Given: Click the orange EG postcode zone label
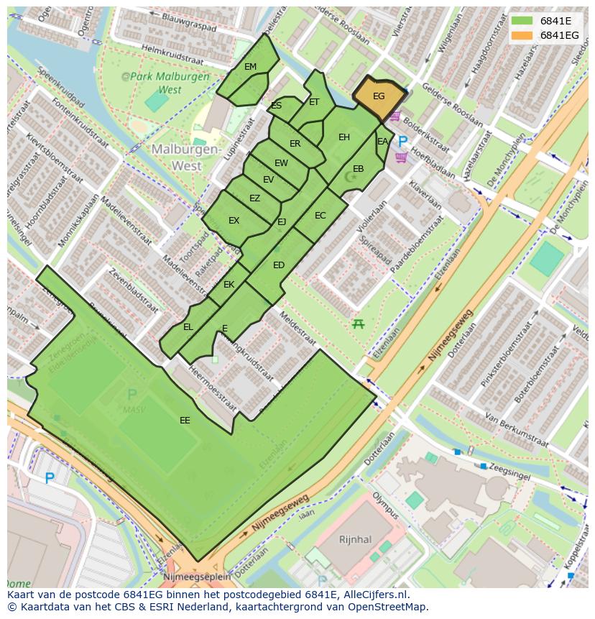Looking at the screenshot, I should tap(379, 96).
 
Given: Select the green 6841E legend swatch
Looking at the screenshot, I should tap(522, 20).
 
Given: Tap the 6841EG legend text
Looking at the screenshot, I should tap(559, 35).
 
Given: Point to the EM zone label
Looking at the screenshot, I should tap(250, 67).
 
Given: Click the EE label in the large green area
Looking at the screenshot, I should tap(185, 420).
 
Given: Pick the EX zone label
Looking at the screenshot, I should tap(234, 221).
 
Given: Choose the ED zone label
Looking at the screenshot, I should tap(279, 265).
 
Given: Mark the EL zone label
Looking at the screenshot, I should tap(188, 327).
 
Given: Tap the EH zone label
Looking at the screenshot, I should tap(344, 137).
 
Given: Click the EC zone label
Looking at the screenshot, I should tap(320, 216).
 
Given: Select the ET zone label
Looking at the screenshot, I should tap(314, 102).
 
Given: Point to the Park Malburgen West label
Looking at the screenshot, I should tap(165, 83).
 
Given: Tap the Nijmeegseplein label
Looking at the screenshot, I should tap(197, 576).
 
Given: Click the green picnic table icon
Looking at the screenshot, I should tap(357, 324).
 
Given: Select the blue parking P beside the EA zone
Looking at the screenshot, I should tap(402, 142).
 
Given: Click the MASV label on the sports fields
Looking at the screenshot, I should tap(132, 409).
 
